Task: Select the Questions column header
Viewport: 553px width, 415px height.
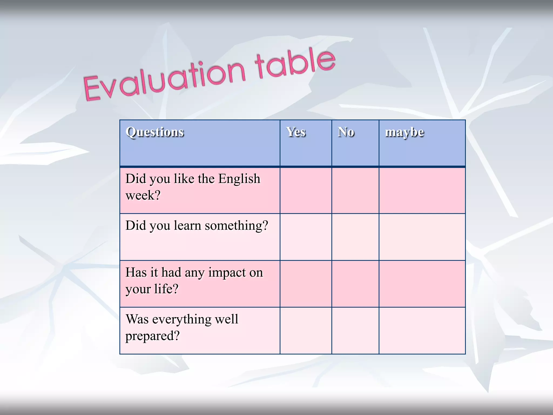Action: click(155, 132)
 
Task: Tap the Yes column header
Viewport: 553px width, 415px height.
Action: click(296, 132)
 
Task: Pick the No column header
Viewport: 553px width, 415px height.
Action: click(346, 132)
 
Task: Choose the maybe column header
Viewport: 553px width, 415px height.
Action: click(404, 132)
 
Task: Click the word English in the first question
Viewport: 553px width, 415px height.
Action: click(239, 179)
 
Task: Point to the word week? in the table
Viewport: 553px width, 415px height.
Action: click(143, 195)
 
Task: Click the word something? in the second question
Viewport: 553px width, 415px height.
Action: click(236, 226)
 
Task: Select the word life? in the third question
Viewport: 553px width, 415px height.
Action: click(166, 289)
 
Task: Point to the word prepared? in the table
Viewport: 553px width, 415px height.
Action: click(153, 336)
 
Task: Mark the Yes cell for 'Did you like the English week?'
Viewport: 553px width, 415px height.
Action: click(306, 190)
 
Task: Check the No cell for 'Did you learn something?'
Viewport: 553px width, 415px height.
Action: click(355, 237)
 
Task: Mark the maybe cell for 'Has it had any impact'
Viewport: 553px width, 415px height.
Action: click(422, 284)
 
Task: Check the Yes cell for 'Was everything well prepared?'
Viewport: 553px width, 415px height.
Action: click(306, 330)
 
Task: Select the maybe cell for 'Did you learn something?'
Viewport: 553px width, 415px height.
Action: click(422, 237)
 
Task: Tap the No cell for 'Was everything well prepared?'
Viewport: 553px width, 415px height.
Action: click(355, 330)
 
